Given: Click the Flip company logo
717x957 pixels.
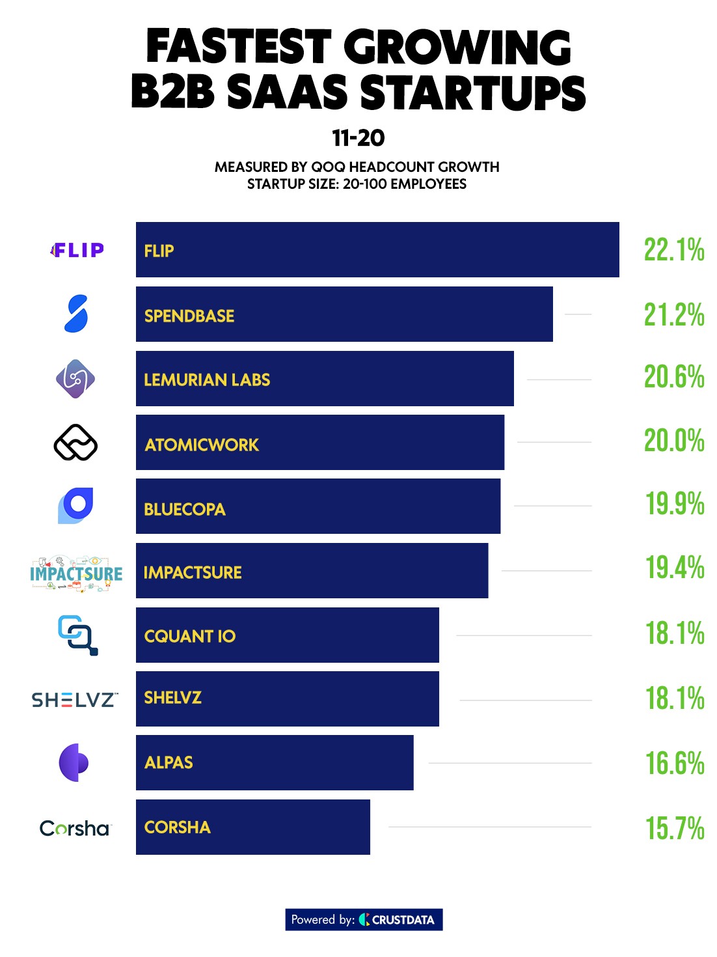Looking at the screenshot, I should [77, 250].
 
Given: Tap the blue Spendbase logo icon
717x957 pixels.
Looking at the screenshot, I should [76, 314].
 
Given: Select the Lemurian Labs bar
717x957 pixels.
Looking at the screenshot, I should [325, 379].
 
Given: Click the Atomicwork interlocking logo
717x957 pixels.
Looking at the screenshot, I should [75, 443].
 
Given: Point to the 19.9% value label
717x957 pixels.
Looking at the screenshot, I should [675, 505].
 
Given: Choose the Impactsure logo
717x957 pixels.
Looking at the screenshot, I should [76, 573].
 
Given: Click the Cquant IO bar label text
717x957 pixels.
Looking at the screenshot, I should [190, 636].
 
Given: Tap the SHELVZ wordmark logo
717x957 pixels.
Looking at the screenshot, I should [75, 700].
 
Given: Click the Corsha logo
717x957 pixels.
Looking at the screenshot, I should [75, 828].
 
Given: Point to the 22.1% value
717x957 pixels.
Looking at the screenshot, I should [674, 250].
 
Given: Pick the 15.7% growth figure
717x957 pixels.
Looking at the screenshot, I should [675, 829].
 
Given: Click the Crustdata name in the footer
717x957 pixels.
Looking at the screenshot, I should [403, 920].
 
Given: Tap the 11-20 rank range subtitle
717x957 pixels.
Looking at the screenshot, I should [358, 138].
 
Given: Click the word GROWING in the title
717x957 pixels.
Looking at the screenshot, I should [457, 48].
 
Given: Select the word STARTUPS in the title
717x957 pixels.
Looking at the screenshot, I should [473, 92].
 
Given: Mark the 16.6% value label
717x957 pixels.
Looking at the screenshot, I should [675, 764].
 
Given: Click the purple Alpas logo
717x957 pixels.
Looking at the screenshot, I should [74, 762].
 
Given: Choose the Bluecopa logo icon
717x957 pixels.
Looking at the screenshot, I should [75, 505].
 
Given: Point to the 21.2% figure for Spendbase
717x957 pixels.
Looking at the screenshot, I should [674, 315].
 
